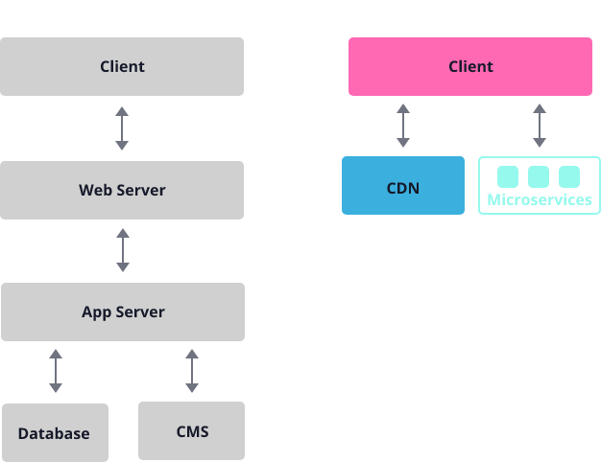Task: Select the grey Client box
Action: click(x=122, y=66)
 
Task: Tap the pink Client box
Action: click(x=470, y=66)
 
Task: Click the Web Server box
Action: click(x=122, y=190)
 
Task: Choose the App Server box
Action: click(x=122, y=312)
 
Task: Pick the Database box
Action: click(x=54, y=432)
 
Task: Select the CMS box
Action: click(x=192, y=430)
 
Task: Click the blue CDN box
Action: click(x=403, y=186)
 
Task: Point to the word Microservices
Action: click(x=540, y=200)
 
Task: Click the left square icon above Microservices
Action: click(x=508, y=176)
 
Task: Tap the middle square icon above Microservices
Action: click(x=539, y=176)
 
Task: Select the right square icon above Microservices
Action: click(x=569, y=176)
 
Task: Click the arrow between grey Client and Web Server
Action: click(x=122, y=127)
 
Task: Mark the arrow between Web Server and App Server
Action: click(x=122, y=250)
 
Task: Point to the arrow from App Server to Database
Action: click(x=56, y=371)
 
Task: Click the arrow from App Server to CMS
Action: click(x=192, y=371)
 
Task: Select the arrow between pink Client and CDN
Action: click(x=403, y=126)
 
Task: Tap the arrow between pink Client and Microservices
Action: click(x=540, y=126)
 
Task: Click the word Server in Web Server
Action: click(x=140, y=190)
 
